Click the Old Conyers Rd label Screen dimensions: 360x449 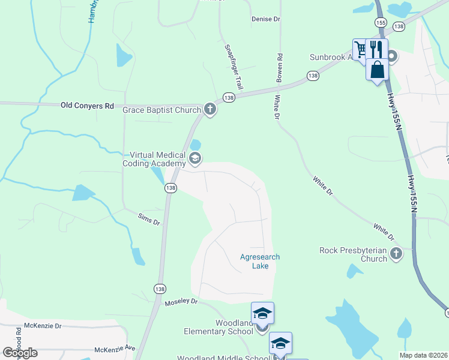click(87, 106)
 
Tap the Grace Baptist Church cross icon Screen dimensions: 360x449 click(209, 109)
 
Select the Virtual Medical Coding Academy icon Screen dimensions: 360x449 click(194, 158)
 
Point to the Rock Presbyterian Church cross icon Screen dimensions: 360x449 click(396, 254)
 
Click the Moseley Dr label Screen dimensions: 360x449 click(181, 302)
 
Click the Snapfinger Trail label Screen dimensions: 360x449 click(234, 67)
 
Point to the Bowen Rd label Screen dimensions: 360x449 click(279, 67)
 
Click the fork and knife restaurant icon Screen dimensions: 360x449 click(376, 49)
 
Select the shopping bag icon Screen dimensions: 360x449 click(377, 69)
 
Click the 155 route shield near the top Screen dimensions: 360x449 click(381, 22)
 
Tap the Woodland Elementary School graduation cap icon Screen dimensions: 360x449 click(262, 314)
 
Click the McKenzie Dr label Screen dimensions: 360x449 click(42, 326)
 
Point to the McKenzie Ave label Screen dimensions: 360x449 click(115, 349)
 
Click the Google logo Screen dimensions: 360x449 click(20, 353)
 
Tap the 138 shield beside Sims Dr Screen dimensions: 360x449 click(171, 188)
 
